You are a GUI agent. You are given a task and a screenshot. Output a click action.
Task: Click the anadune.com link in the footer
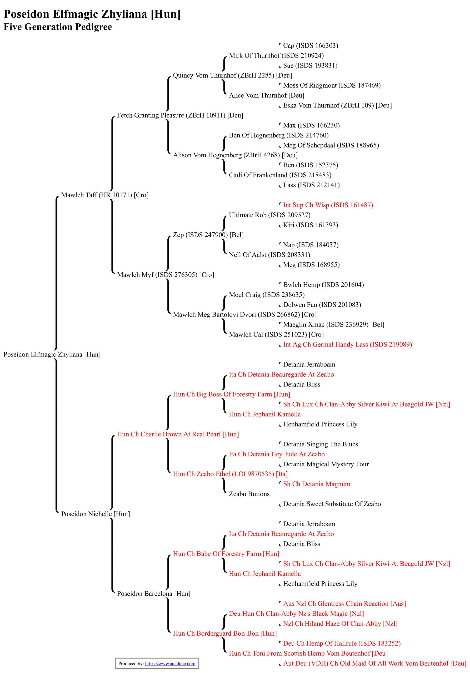170,664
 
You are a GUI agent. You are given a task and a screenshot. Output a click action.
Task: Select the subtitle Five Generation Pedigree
58,27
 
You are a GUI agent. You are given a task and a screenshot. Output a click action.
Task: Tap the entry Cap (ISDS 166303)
311,45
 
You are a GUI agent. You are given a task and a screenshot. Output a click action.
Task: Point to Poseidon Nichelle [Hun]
95,514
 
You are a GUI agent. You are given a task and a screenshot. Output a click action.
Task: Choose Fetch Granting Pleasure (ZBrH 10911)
180,115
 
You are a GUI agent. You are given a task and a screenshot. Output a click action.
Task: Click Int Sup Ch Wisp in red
328,205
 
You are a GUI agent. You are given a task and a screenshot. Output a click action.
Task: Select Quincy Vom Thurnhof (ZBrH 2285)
232,75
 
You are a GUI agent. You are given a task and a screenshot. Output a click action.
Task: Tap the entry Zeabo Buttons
249,494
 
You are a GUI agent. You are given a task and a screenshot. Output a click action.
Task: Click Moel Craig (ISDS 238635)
267,295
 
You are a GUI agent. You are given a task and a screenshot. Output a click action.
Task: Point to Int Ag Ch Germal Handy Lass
347,344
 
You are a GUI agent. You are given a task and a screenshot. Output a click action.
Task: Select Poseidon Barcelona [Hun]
154,594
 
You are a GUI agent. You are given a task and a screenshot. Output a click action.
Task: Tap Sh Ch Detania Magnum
317,484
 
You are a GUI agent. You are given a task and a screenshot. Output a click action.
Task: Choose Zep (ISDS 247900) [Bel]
208,235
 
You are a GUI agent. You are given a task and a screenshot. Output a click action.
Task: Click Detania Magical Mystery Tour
326,464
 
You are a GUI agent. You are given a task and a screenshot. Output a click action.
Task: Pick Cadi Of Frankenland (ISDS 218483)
280,175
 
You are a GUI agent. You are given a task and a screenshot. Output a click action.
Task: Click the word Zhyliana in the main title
124,14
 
